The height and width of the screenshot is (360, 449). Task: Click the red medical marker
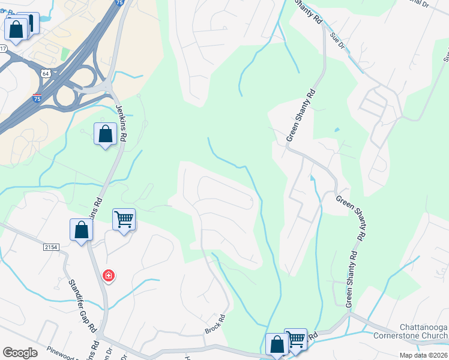point(109,276)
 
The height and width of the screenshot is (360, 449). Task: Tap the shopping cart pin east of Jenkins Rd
point(124,220)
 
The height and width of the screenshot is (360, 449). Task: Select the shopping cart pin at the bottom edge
point(296,340)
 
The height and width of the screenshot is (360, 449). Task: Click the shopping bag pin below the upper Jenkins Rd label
point(106,134)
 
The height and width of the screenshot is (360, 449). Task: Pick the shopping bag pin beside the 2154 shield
point(81,230)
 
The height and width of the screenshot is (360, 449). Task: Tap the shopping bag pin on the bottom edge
point(277,345)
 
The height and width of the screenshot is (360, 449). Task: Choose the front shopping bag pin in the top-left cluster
point(16,29)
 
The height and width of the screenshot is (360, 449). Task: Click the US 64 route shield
point(45,73)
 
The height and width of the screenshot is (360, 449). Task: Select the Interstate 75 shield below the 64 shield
point(37,98)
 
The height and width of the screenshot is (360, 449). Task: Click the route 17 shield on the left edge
point(3,48)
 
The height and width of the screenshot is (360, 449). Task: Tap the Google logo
point(20,353)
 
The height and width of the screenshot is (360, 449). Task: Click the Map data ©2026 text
point(424,355)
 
